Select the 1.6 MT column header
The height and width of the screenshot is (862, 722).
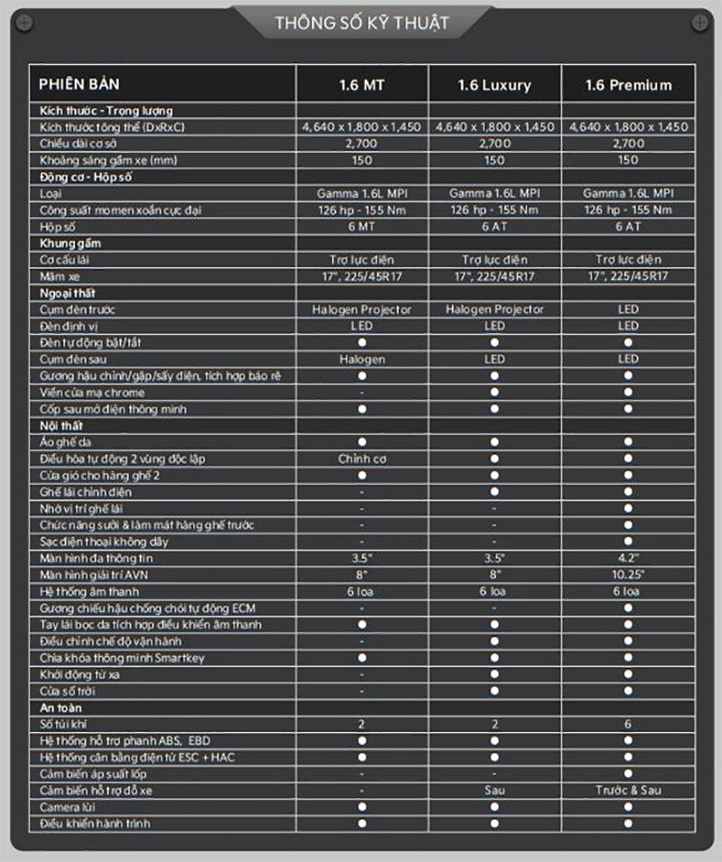pos(362,86)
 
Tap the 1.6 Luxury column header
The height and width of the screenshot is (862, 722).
pos(494,86)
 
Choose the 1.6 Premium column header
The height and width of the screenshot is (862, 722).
pos(628,86)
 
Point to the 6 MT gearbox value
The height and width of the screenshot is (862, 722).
pos(362,227)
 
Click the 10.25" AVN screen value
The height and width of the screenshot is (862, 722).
pos(628,575)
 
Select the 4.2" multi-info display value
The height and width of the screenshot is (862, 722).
pos(628,559)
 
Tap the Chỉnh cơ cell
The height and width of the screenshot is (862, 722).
pos(362,459)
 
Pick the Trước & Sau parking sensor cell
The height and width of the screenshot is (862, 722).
pos(628,791)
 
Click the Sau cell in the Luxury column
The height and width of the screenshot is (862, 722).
pos(494,791)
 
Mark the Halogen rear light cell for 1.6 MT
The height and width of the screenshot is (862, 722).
pos(362,359)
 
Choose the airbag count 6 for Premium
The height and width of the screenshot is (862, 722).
pos(628,725)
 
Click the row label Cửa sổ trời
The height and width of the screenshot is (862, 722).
pos(68,691)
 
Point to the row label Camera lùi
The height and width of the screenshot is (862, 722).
pos(69,807)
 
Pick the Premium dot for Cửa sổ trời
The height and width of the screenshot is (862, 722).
pos(628,691)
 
